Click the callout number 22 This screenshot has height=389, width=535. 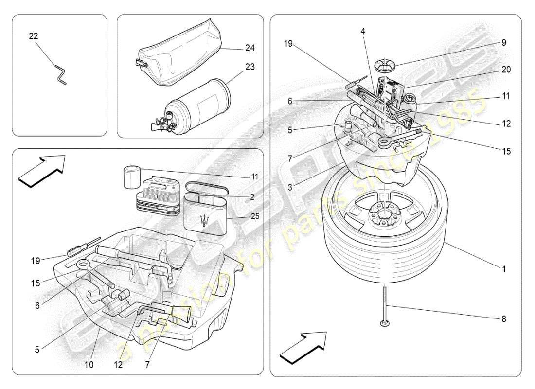pyautogui.click(x=34, y=36)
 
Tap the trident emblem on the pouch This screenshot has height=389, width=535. pyautogui.click(x=207, y=219)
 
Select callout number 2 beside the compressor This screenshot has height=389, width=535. pyautogui.click(x=252, y=196)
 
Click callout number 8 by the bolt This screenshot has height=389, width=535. pyautogui.click(x=504, y=319)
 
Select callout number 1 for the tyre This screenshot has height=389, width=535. pyautogui.click(x=504, y=268)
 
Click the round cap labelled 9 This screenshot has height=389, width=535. pyautogui.click(x=386, y=63)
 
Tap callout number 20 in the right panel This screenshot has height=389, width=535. pyautogui.click(x=506, y=70)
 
